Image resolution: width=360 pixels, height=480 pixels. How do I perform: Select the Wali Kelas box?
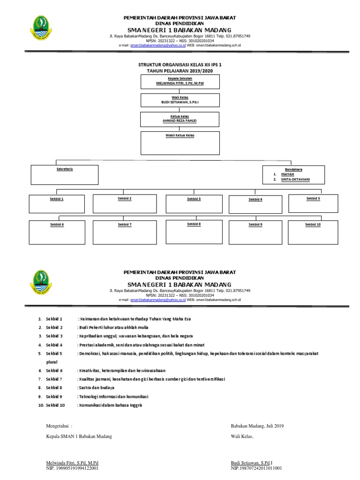[x=180, y=101]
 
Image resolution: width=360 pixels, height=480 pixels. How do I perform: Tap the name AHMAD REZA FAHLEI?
[x=180, y=121]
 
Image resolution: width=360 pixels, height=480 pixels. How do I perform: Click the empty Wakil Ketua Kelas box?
[x=180, y=143]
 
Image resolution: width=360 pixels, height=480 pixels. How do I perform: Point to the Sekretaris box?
[x=65, y=174]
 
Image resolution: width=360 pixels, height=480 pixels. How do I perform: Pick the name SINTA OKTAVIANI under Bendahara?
[x=295, y=180]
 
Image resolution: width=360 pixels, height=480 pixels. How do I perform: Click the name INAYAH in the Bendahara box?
[x=287, y=174]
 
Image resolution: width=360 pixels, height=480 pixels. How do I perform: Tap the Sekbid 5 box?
[x=313, y=203]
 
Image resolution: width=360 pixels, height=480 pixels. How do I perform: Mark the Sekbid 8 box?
[x=194, y=229]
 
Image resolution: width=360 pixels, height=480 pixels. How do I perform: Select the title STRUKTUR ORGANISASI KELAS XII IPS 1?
[x=180, y=65]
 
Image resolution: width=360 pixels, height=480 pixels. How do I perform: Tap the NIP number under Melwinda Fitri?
[x=71, y=468]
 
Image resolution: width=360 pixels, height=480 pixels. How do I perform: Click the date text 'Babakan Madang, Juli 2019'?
[x=257, y=426]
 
